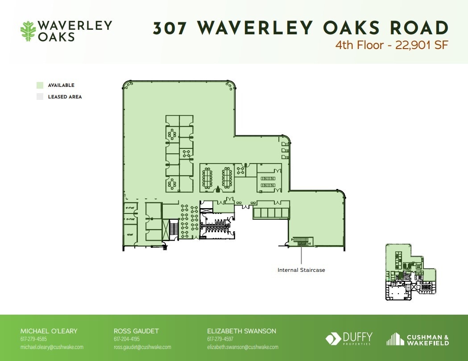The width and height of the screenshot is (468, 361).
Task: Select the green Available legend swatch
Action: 40,85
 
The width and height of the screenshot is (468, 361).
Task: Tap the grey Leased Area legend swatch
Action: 40,97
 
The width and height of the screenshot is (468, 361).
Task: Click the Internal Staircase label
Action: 301,270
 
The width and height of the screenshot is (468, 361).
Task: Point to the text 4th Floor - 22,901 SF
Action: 392,45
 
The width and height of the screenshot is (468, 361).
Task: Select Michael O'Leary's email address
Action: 52,347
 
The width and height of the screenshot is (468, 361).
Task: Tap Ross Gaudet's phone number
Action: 127,339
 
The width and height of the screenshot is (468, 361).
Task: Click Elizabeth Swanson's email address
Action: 242,347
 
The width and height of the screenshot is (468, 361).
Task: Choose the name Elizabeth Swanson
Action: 241,331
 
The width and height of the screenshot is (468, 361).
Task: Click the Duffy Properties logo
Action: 349,339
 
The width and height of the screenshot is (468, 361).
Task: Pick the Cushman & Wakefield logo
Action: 418,339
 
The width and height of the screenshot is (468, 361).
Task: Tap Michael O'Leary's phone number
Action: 33,339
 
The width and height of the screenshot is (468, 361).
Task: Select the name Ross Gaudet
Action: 136,331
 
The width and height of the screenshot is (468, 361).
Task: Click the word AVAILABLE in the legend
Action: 61,85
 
